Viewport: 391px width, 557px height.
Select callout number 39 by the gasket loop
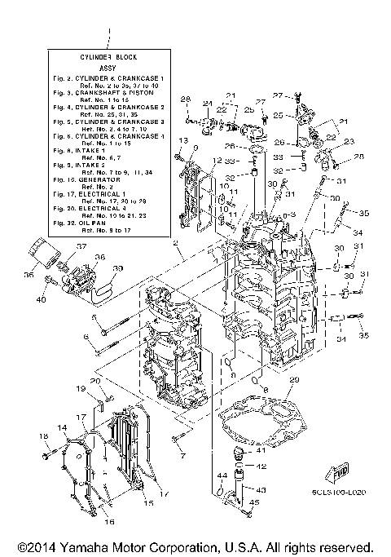click(x=117, y=268)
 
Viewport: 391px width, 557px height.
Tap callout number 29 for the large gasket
click(x=295, y=380)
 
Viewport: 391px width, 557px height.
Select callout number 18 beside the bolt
click(x=43, y=437)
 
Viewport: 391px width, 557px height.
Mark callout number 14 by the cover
click(x=62, y=427)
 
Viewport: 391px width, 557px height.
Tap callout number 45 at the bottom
click(x=254, y=503)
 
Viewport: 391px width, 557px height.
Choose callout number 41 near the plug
click(x=261, y=449)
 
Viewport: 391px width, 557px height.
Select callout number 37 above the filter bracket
click(x=81, y=245)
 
